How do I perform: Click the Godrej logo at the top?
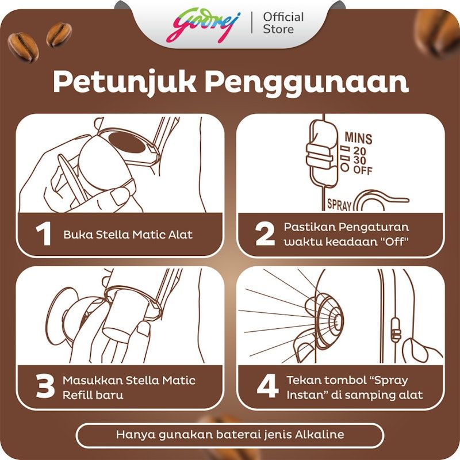click(x=204, y=25)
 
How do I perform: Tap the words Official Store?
click(x=283, y=23)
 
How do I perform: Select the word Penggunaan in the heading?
click(x=306, y=83)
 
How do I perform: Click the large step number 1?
click(x=44, y=233)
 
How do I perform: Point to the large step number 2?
click(x=265, y=233)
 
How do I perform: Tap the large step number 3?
click(x=45, y=386)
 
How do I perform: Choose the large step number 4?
click(x=267, y=386)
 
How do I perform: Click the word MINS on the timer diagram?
click(x=358, y=138)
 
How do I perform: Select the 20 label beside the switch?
click(x=360, y=151)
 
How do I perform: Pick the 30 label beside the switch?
click(x=360, y=160)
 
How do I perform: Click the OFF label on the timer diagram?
click(x=363, y=170)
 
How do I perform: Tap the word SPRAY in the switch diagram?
click(x=339, y=205)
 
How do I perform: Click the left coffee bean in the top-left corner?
click(x=23, y=47)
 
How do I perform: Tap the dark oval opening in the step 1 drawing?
click(x=126, y=142)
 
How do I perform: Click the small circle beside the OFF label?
click(x=345, y=167)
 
